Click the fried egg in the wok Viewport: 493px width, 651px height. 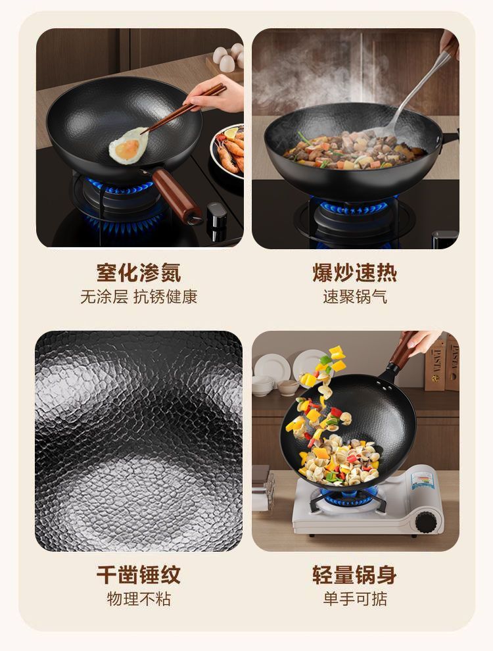coord(128,146)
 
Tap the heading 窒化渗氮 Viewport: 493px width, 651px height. coord(139,273)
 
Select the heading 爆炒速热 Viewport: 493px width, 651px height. coord(355,273)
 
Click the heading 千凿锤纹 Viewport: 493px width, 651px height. coord(139,575)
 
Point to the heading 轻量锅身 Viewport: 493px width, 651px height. coord(355,575)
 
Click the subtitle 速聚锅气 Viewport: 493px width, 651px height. coord(355,297)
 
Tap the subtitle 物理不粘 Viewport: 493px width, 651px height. coord(139,598)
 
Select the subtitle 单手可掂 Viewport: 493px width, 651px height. coord(355,598)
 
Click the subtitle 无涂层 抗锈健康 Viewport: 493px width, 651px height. coord(139,297)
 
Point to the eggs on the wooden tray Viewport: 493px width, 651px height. coord(229,58)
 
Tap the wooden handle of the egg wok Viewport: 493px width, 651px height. coord(176,195)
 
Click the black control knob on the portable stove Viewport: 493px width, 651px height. coord(427,522)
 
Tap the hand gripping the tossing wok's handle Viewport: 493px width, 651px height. coord(421,341)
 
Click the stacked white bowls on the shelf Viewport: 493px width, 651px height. coord(263,385)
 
